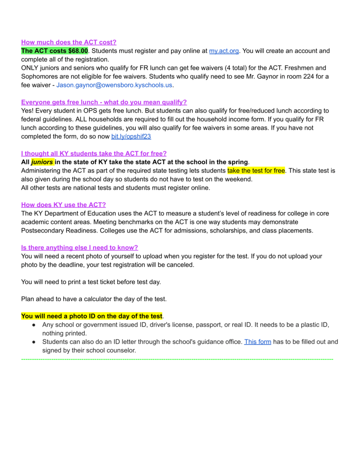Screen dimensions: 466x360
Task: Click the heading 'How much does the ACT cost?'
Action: coord(69,42)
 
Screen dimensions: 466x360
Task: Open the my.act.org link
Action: coord(224,51)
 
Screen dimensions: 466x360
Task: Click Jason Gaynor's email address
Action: coord(115,85)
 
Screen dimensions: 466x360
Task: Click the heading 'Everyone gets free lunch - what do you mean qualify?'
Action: coord(104,102)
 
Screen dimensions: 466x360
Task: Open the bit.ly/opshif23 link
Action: coord(131,136)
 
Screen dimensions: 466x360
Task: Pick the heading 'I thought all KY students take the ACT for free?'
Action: coord(94,153)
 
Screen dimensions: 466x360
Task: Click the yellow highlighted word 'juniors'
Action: coord(42,162)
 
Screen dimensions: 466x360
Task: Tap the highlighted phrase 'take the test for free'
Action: coord(256,171)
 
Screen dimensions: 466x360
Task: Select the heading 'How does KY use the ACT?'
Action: coord(63,205)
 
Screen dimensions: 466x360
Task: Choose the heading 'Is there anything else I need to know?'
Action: coord(80,248)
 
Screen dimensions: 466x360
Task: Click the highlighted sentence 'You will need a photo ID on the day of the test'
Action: coord(91,316)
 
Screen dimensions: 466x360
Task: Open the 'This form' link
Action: coord(258,342)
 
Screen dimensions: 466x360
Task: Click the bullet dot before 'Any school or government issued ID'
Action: coord(34,325)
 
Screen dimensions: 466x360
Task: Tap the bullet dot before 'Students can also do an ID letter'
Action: coord(34,342)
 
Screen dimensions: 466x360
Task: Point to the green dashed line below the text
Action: coord(177,360)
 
